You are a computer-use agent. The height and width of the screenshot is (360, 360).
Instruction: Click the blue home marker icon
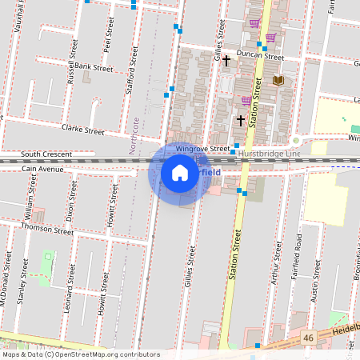click(180, 172)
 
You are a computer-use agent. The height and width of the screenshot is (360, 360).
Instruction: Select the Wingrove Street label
click(202, 149)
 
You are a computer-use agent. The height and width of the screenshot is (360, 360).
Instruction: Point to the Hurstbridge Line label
click(268, 152)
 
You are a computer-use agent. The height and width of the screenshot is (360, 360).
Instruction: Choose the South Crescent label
click(46, 154)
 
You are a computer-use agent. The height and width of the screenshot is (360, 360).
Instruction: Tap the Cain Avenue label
click(43, 169)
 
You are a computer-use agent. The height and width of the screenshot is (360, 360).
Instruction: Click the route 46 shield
click(307, 339)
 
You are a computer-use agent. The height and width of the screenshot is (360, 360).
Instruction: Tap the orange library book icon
click(278, 80)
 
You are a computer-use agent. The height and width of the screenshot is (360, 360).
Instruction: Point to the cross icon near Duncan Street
click(226, 60)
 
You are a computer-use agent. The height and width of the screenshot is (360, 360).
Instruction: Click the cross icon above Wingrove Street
click(240, 120)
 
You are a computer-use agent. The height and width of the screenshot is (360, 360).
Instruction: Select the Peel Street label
click(107, 31)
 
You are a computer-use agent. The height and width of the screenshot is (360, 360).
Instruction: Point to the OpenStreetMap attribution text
click(81, 354)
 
